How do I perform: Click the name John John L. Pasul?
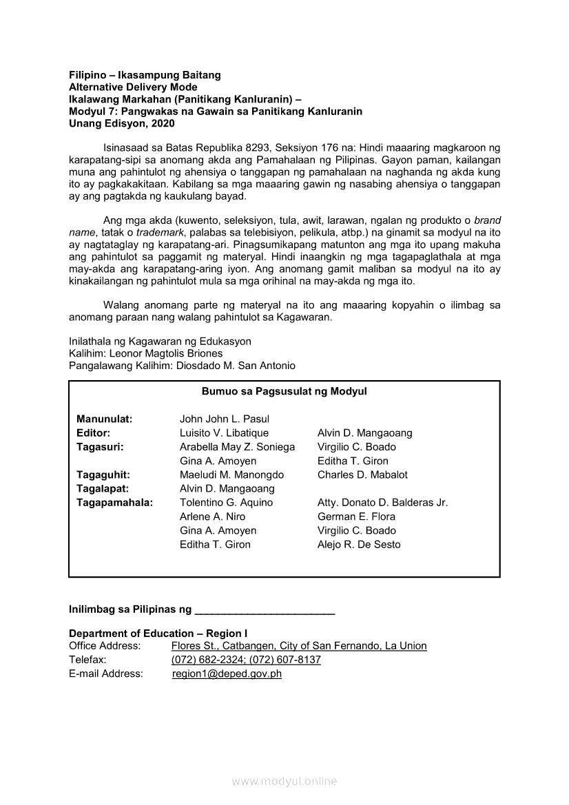(x=224, y=419)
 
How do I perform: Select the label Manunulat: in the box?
(x=105, y=419)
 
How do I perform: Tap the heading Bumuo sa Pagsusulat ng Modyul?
(x=284, y=391)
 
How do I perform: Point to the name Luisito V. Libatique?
(x=224, y=433)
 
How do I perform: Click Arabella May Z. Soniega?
(x=237, y=447)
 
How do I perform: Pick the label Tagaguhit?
(x=103, y=474)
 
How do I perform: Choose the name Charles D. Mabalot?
(x=362, y=474)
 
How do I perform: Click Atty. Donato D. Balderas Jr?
(x=382, y=503)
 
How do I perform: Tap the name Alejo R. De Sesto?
(x=359, y=544)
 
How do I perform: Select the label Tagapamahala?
(x=114, y=503)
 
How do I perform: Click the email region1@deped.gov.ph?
(x=227, y=674)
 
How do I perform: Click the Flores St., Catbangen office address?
(x=299, y=646)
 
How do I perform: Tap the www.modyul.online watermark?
(x=284, y=782)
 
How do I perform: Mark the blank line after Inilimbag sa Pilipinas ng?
(x=265, y=611)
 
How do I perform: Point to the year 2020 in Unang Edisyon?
(x=161, y=124)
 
